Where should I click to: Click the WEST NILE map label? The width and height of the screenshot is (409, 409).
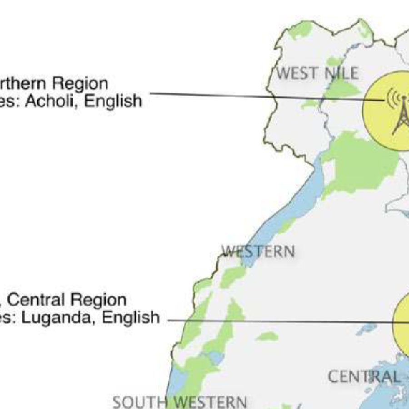pyautogui.click(x=317, y=73)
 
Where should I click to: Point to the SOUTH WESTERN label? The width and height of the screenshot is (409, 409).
pyautogui.click(x=180, y=402)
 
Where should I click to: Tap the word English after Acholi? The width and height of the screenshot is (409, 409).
pyautogui.click(x=113, y=100)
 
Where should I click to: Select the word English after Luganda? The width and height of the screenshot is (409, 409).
pyautogui.click(x=130, y=317)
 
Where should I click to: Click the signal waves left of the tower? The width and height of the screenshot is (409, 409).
pyautogui.click(x=390, y=98)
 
